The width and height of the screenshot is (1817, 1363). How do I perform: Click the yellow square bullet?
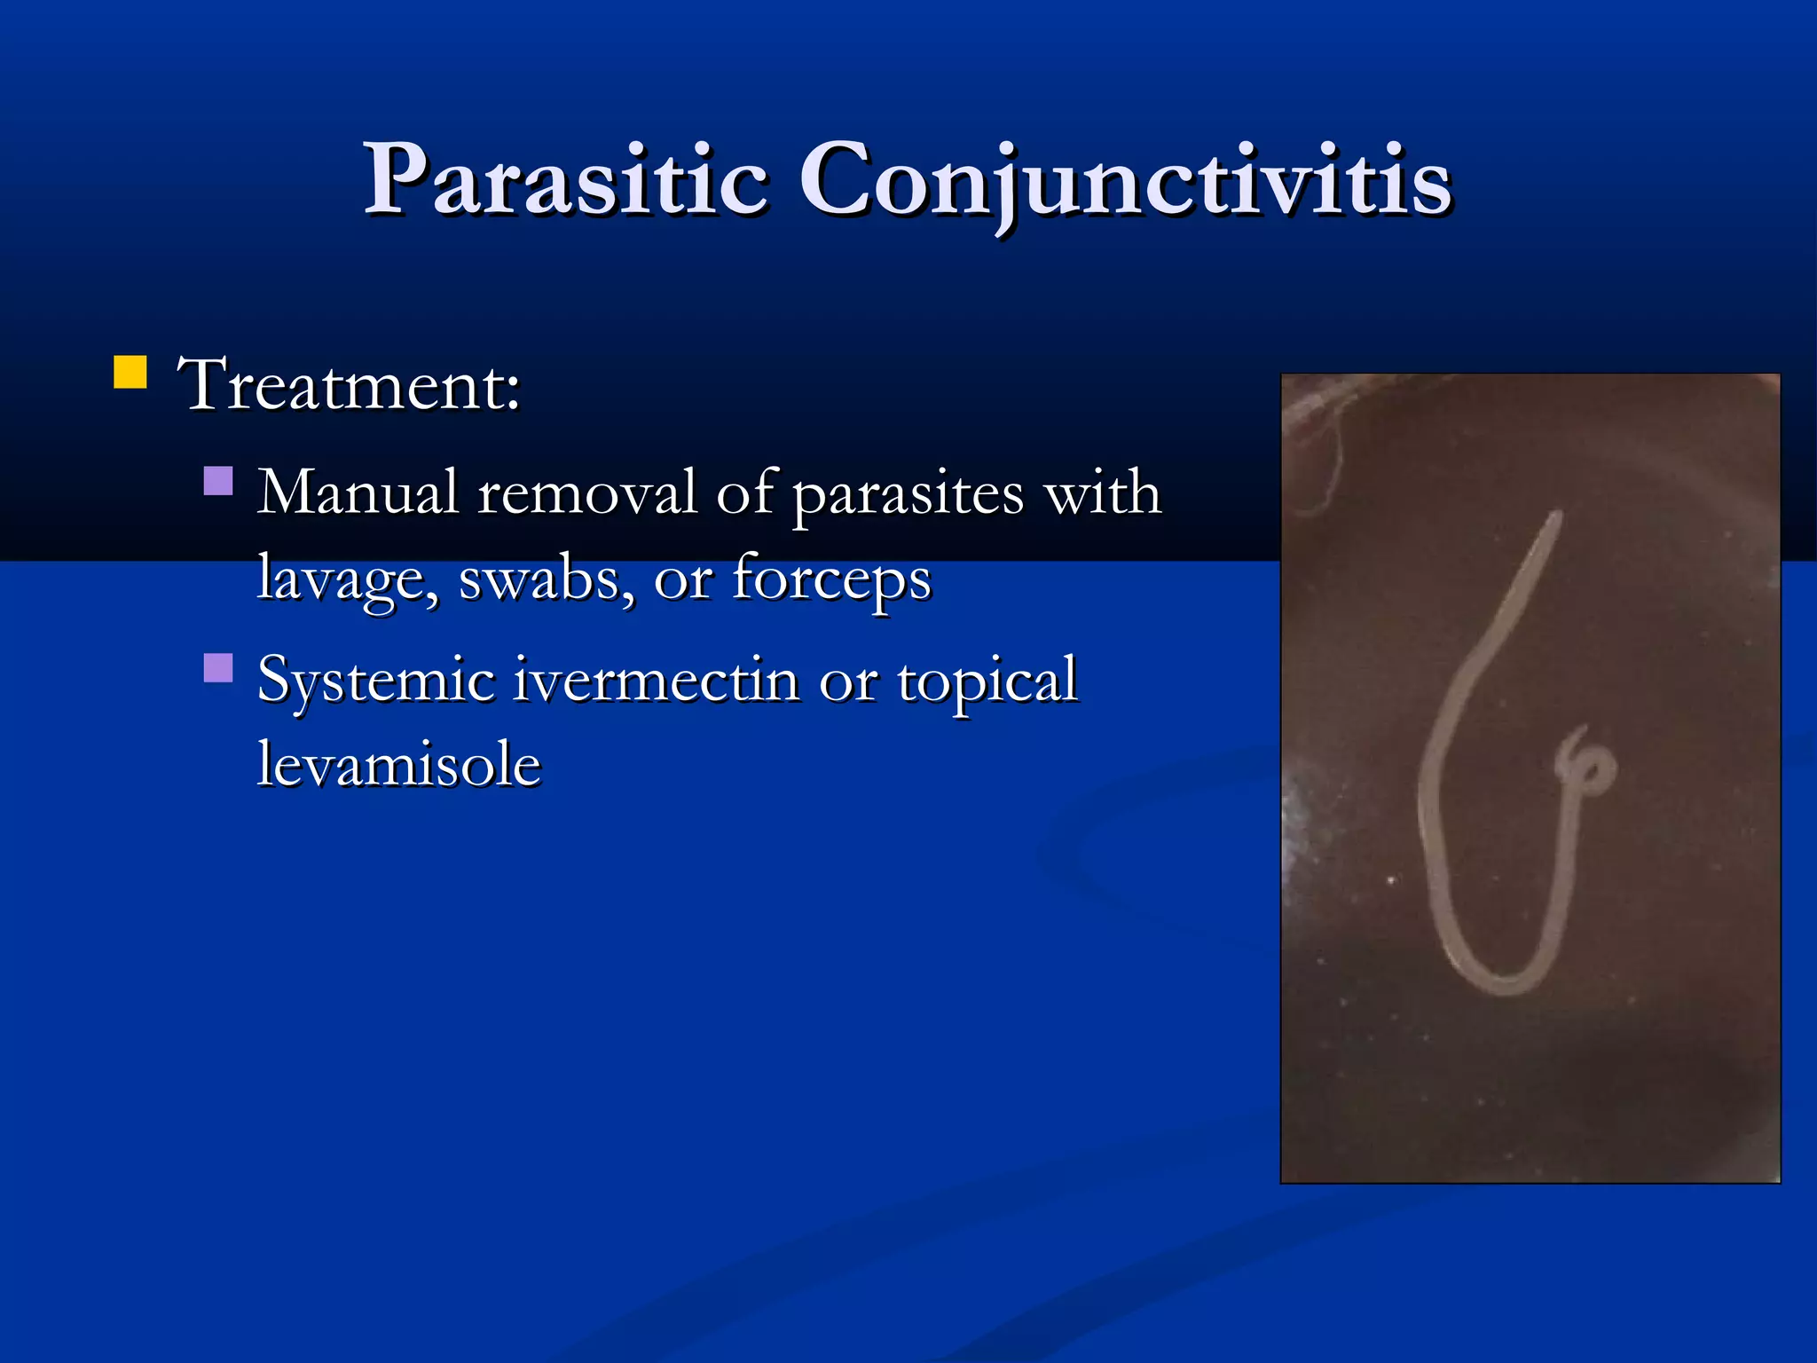130,373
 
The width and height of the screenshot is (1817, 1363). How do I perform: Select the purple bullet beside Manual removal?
218,481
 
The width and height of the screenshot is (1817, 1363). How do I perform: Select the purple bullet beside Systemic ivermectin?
218,667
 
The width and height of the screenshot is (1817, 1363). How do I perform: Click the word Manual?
357,492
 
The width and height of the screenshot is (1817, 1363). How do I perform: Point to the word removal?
586,492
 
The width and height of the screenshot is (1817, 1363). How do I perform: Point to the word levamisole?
399,765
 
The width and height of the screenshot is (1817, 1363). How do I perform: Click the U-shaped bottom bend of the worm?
1499,981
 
